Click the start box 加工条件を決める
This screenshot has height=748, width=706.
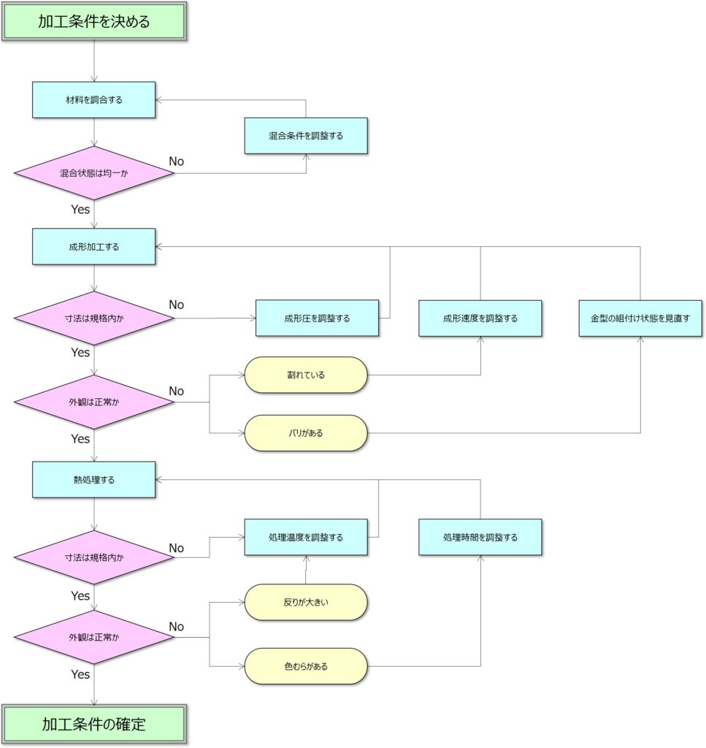[x=94, y=21]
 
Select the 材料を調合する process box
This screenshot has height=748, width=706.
[x=94, y=99]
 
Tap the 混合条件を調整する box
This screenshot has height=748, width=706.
[x=305, y=135]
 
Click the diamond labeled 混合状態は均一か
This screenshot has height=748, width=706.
[x=94, y=173]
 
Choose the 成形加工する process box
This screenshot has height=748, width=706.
[x=94, y=246]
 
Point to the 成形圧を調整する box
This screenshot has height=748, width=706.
[x=317, y=318]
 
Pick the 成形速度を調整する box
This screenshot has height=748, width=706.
[x=480, y=318]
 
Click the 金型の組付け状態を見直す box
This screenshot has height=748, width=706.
[x=640, y=318]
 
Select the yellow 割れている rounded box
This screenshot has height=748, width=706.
[x=305, y=375]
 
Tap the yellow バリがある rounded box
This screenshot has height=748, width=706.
[x=305, y=433]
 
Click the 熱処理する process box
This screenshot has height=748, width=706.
[x=94, y=479]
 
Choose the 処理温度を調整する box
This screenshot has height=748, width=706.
[x=305, y=537]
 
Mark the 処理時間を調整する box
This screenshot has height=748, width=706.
[x=480, y=537]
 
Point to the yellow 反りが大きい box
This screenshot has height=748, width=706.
[x=305, y=602]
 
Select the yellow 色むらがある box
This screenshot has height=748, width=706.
[x=305, y=666]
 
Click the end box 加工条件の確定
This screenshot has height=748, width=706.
[x=94, y=725]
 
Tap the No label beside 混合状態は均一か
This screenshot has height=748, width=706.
[x=177, y=161]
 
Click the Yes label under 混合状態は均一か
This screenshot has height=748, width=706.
[x=80, y=209]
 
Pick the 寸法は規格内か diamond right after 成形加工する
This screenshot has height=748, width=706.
[x=94, y=318]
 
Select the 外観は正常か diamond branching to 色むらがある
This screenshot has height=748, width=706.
[x=94, y=637]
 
